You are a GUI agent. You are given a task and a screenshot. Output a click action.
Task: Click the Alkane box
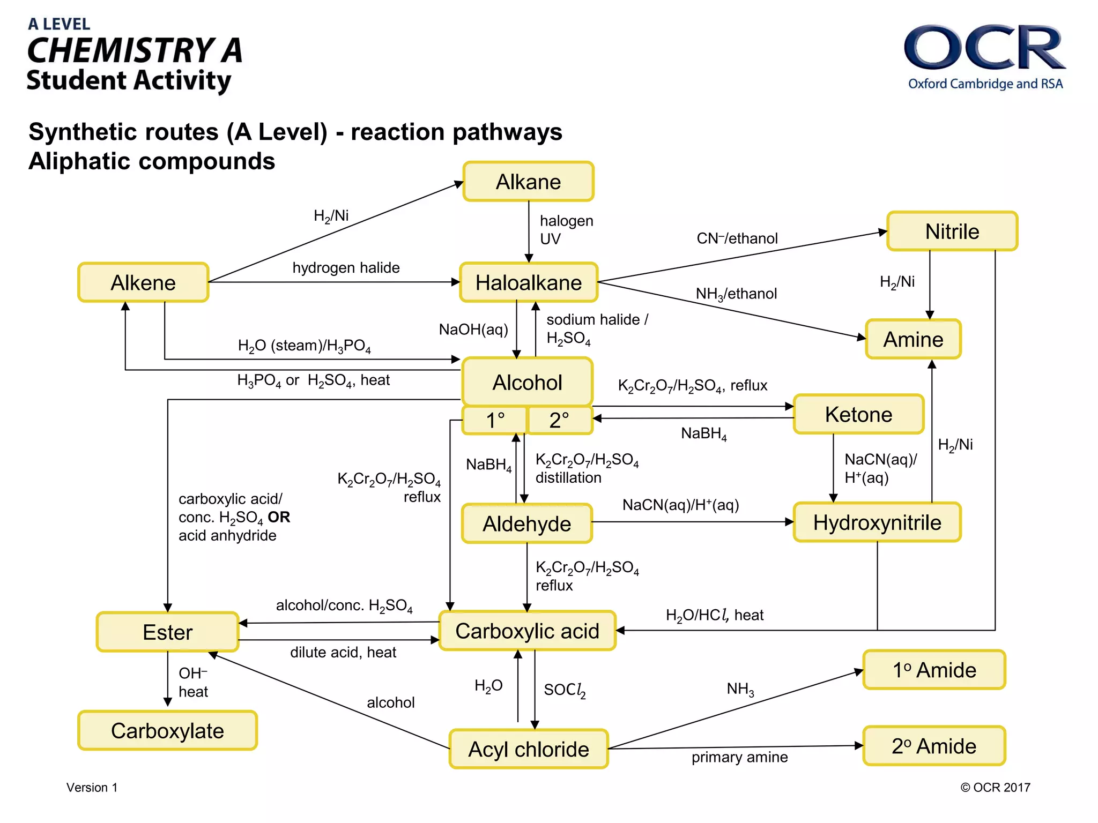coord(528,182)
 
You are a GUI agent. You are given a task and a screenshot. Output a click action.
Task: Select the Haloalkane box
coord(528,282)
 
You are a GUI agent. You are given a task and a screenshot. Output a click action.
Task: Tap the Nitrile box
coord(952,231)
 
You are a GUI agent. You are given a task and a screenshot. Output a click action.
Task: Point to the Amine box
coord(913,339)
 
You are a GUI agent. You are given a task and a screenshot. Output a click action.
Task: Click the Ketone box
coord(858,414)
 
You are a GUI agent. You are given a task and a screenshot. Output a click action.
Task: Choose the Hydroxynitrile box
coord(877,522)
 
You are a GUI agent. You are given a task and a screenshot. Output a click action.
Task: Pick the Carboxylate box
coord(167,731)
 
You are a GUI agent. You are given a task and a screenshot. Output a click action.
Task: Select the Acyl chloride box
coord(528,749)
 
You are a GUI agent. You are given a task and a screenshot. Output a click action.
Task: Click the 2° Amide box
coord(934,746)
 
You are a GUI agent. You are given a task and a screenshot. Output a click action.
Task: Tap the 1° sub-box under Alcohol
coord(494,420)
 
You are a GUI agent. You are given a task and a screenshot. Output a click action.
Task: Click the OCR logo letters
coord(984,48)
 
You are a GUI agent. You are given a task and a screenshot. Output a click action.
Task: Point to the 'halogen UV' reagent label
coord(566,230)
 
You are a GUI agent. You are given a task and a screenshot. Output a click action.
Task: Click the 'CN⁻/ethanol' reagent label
coord(737,238)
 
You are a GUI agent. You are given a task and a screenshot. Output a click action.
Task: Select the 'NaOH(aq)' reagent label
coord(473,330)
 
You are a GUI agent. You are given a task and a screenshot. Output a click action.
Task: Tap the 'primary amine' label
coord(739,757)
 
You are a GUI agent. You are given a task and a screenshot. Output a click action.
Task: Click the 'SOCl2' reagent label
coord(565,690)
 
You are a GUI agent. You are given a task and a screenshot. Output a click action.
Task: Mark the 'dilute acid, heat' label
coord(343,653)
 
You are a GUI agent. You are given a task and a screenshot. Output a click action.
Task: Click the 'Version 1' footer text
coord(92,787)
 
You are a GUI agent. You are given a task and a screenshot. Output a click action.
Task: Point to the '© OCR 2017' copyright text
coord(995,787)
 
